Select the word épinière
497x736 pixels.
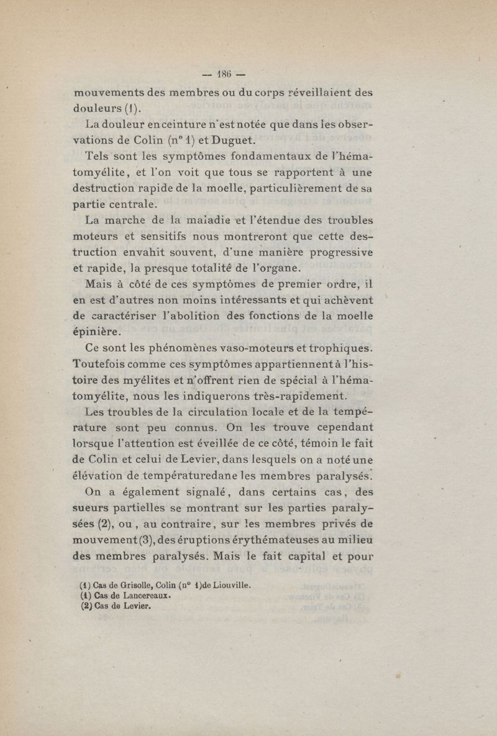[x=94, y=332]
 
